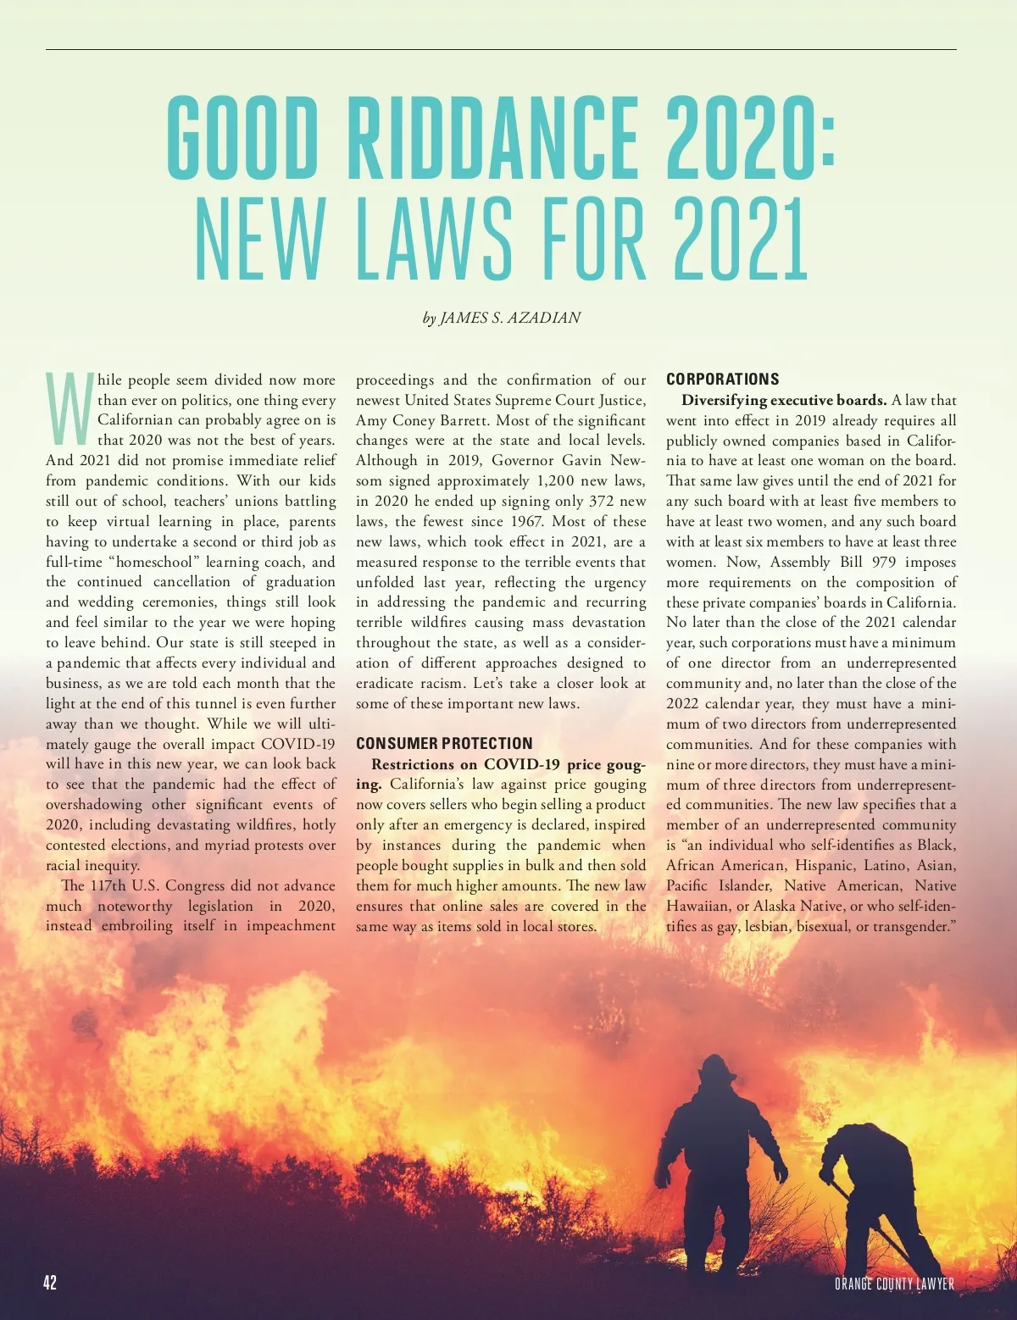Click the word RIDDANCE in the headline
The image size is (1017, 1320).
(x=492, y=137)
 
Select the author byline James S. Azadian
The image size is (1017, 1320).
(x=502, y=318)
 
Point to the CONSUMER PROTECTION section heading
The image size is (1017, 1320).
(x=444, y=743)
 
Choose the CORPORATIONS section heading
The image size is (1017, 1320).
(x=722, y=379)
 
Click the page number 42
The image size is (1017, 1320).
(x=50, y=1282)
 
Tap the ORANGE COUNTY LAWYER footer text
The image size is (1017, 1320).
(x=894, y=1284)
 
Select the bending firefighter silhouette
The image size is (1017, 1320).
(x=873, y=1186)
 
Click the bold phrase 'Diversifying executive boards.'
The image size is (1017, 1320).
(x=784, y=400)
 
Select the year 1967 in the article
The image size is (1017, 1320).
(x=531, y=521)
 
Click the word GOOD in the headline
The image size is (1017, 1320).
(x=241, y=137)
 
